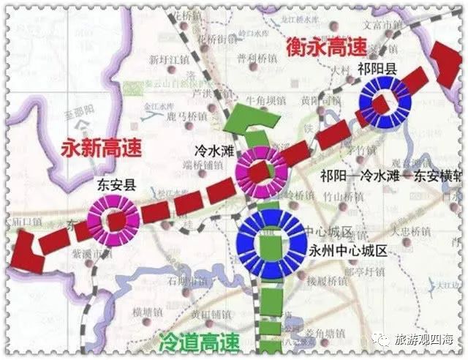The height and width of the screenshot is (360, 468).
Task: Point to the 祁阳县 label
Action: [377, 71]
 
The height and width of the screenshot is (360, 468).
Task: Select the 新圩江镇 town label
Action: [165, 59]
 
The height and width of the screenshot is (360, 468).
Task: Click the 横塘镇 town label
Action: [148, 312]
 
